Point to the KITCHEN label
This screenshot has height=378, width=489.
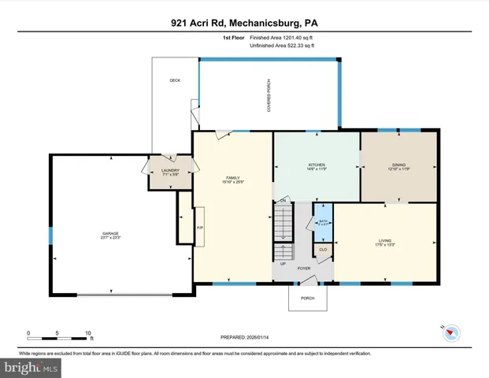tap(317, 165)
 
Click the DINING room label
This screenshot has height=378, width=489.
tap(399, 165)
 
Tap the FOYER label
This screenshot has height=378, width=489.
tap(304, 269)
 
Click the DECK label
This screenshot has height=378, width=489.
tap(175, 81)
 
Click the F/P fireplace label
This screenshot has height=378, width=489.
tap(199, 228)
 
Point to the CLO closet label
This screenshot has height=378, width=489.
tap(323, 250)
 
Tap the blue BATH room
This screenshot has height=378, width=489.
tap(323, 222)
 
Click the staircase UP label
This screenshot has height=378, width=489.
tap(283, 262)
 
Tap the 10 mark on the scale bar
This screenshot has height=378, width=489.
tap(88, 333)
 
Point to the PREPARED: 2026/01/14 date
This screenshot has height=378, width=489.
tap(244, 337)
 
